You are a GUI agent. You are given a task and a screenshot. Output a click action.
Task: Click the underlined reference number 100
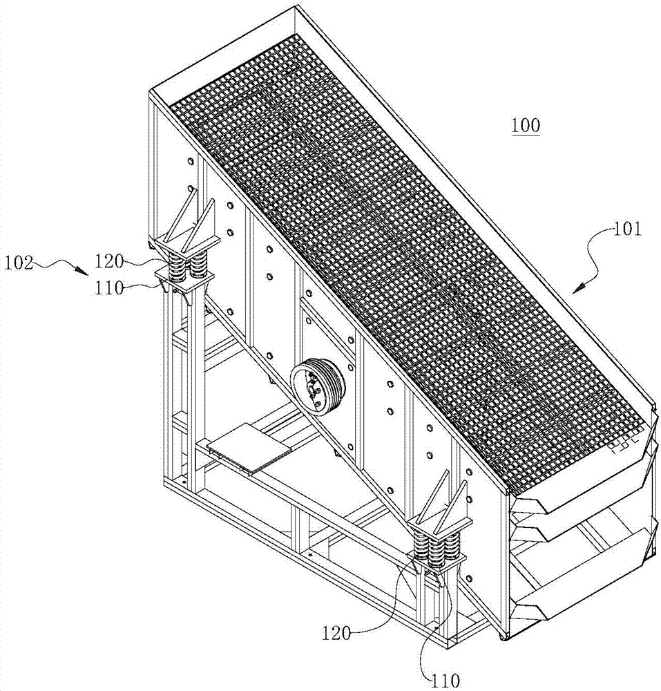pos(526,126)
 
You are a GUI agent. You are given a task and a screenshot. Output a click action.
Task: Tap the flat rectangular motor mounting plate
pos(248,450)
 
